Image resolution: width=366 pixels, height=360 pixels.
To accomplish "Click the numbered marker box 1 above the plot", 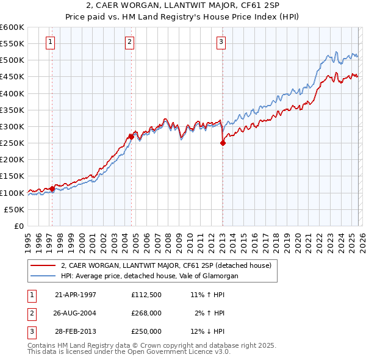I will click(49, 41).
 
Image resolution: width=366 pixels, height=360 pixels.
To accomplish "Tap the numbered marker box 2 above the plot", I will click(130, 41).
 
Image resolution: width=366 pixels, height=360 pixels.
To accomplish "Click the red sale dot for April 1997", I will click(52, 189).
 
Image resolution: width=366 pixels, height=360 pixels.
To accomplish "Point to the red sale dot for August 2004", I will click(132, 137).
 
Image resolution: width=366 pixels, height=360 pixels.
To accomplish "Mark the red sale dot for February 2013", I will click(223, 143).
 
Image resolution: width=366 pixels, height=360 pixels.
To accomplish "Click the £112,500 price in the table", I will click(146, 295).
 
